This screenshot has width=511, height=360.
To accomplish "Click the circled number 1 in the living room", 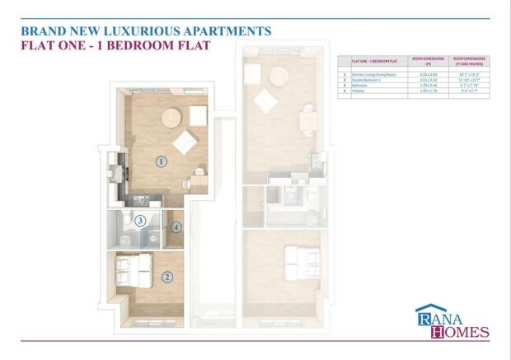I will click(162, 161).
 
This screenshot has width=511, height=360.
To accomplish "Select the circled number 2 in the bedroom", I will click(167, 277).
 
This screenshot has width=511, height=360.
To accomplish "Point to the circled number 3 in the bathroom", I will click(141, 221).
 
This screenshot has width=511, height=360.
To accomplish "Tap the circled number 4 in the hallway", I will click(176, 227).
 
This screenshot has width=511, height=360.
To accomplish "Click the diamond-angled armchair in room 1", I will click(183, 143).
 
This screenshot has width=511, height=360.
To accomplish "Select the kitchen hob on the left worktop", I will click(115, 174).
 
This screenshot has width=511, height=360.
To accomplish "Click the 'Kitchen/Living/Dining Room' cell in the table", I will click(369, 73).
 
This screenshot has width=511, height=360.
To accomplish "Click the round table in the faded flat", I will click(279, 75).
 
